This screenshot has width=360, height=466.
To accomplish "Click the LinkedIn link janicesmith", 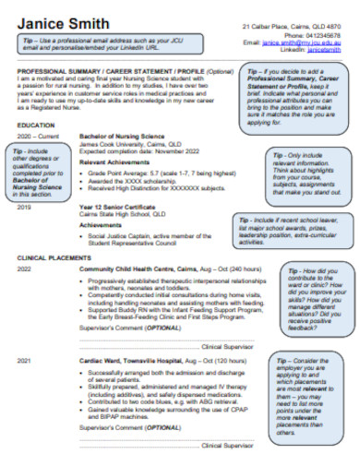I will click(324, 49).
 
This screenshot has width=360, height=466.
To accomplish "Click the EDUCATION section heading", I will click(36, 124).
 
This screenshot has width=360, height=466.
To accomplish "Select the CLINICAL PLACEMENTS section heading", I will click(54, 257).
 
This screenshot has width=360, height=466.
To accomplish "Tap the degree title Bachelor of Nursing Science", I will click(122, 136).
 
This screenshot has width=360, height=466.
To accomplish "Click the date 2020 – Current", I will click(38, 136).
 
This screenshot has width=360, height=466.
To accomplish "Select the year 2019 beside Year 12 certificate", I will click(24, 207).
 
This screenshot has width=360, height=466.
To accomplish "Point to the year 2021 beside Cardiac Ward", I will click(24, 360).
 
